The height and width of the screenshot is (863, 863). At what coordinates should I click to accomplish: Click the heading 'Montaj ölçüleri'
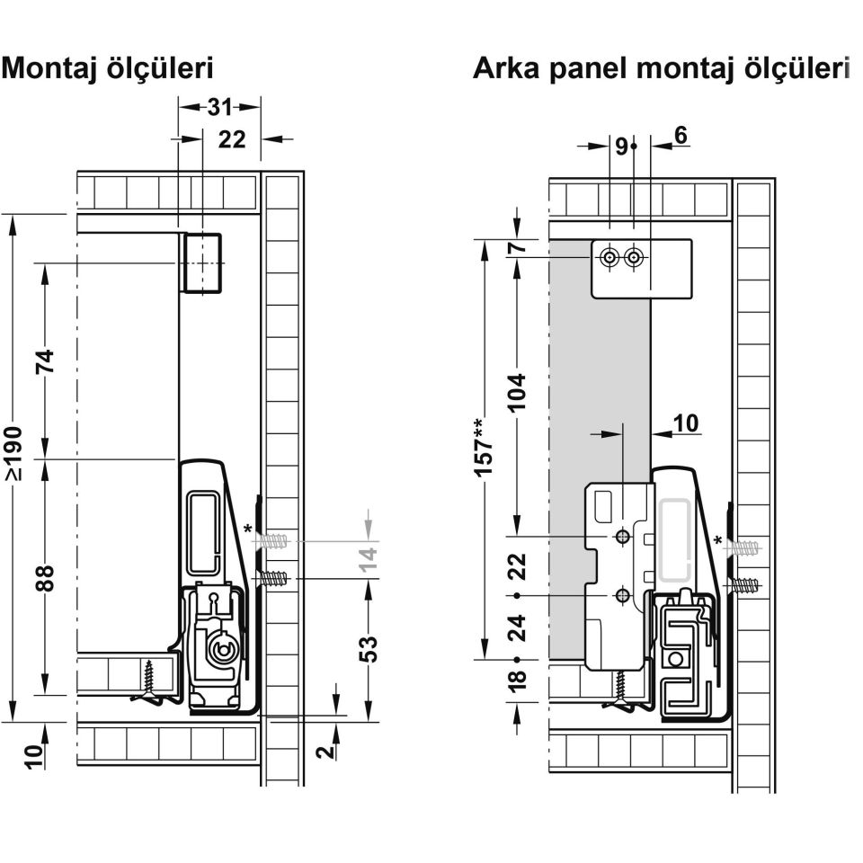[107, 69]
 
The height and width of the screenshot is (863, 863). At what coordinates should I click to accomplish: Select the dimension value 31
[219, 107]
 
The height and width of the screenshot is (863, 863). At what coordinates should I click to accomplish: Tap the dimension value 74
[45, 361]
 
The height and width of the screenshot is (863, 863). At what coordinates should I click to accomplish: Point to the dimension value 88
[45, 577]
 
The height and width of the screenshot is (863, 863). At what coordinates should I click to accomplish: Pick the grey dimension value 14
[369, 559]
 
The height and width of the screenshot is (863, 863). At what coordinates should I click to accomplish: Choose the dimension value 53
[369, 649]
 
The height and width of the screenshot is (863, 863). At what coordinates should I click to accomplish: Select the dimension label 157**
[484, 447]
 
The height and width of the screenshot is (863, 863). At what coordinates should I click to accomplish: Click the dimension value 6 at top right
[681, 135]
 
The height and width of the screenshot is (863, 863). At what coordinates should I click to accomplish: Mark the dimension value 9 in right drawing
[621, 147]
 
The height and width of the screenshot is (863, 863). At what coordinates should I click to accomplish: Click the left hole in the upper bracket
[609, 257]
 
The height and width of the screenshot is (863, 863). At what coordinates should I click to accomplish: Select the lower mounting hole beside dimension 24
[622, 595]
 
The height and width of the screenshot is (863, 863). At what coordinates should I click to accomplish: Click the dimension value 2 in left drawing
[327, 751]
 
